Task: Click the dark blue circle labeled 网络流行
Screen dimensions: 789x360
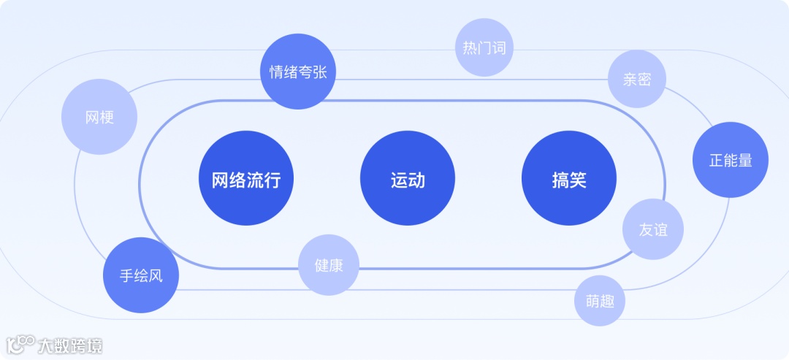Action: click(246, 179)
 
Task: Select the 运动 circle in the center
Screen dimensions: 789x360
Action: click(407, 179)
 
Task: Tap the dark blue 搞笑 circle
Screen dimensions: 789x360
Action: click(568, 179)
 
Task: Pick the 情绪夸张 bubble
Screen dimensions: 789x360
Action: click(298, 72)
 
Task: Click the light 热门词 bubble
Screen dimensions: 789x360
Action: click(484, 48)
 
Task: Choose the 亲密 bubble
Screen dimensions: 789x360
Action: click(637, 79)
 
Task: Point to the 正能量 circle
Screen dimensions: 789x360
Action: click(730, 160)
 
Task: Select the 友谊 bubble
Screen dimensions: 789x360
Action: click(652, 229)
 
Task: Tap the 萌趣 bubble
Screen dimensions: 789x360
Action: click(600, 301)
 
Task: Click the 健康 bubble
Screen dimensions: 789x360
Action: click(329, 264)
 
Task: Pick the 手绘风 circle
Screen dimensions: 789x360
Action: click(141, 275)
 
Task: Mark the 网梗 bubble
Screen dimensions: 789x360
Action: click(99, 117)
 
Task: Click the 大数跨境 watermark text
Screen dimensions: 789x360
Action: click(71, 345)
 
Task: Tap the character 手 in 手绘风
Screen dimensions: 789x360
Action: click(127, 276)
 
